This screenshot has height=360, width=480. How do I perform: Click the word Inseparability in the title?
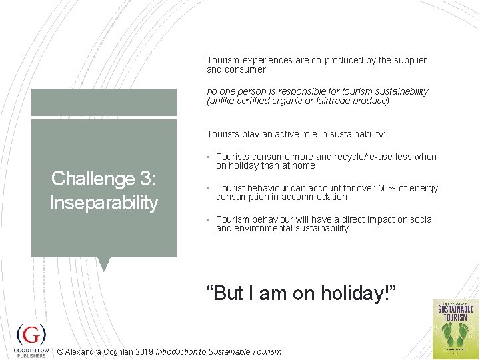click(103, 203)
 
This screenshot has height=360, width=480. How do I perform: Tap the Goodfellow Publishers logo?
click(31, 339)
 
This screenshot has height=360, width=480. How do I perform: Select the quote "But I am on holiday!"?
click(301, 292)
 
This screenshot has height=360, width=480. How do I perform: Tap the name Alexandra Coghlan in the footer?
click(96, 351)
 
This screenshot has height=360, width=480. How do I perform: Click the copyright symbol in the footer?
click(61, 351)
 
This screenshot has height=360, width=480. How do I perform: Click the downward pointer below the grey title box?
click(103, 264)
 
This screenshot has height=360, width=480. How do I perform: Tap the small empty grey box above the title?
click(103, 102)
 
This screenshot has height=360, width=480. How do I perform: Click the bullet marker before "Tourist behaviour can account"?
click(209, 189)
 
